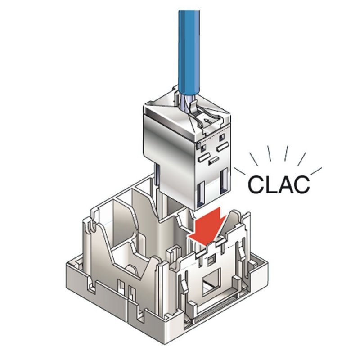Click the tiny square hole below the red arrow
coord(210,259)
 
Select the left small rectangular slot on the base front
coord(121,286)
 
